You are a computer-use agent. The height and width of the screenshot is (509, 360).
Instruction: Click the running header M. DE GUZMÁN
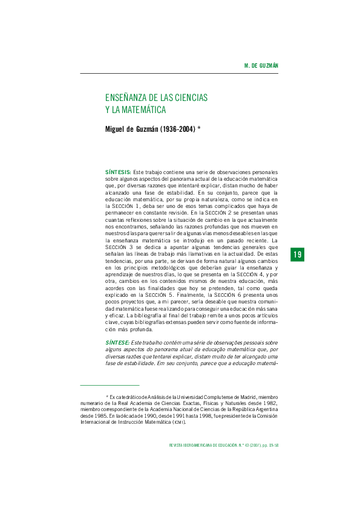pos(260,65)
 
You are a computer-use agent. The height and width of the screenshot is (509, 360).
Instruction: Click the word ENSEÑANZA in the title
pos(128,97)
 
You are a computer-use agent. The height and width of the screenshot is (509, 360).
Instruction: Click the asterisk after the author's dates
pos(199,128)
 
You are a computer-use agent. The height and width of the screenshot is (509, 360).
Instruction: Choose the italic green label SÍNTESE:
pos(117,343)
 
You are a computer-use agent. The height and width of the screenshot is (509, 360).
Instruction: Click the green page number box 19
pos(297,255)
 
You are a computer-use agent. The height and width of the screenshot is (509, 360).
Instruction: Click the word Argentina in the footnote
pos(264,409)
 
